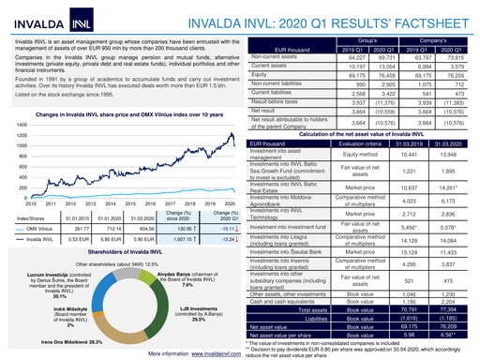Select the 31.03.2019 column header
tap(395, 142)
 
